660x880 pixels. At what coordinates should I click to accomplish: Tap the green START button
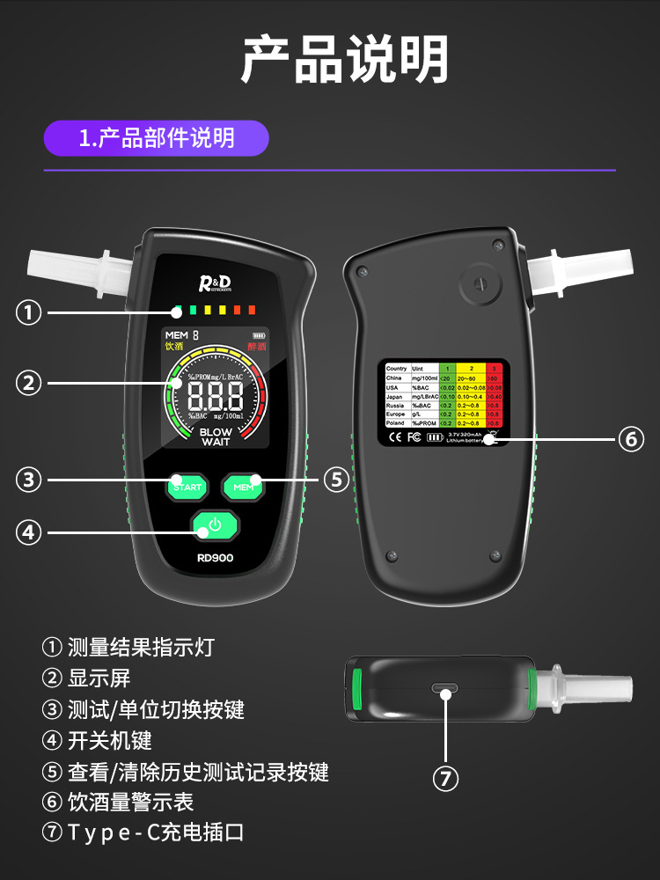point(187,486)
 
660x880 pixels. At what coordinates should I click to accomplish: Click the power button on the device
point(214,526)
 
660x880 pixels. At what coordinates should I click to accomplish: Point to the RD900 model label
point(215,557)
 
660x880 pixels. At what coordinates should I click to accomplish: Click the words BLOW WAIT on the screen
point(216,437)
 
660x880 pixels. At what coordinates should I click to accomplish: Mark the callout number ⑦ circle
point(446,779)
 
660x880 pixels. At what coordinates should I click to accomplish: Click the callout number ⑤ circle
point(336,480)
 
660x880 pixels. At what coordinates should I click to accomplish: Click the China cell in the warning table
point(396,378)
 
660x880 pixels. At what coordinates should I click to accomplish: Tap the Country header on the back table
point(397,368)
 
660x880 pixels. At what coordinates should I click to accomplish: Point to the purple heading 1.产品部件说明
point(157,138)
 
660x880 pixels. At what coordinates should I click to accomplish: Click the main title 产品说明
point(330,60)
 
